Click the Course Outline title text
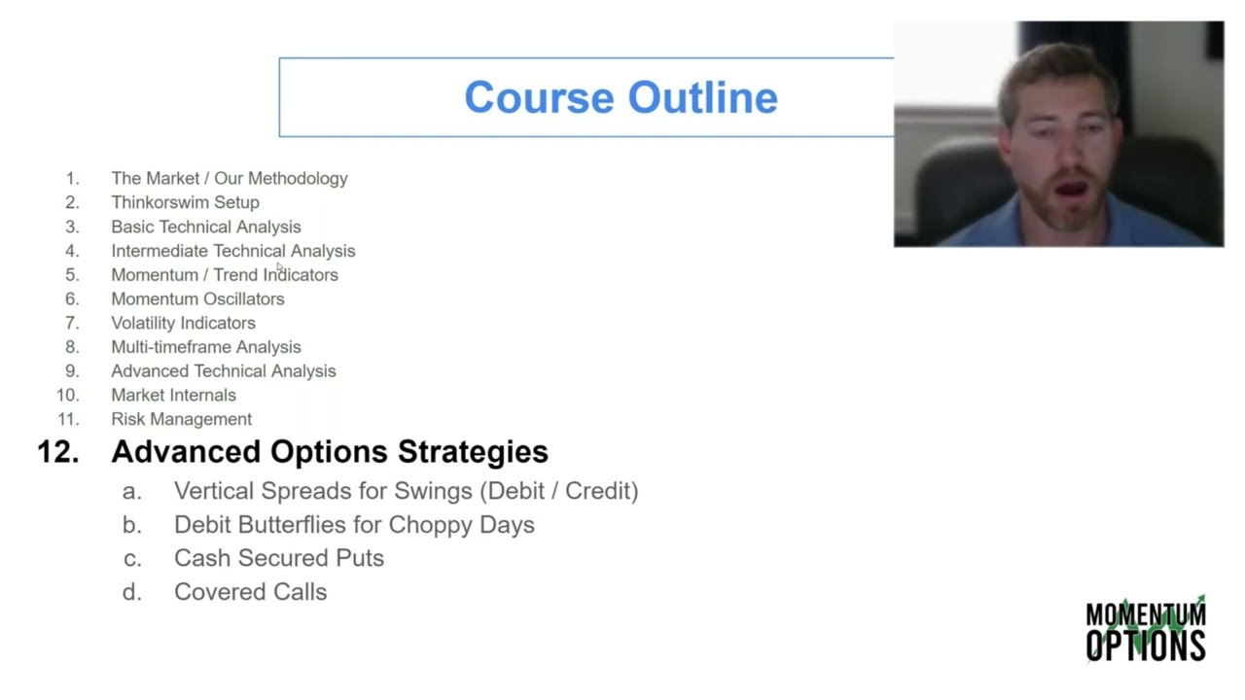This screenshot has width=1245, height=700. click(x=621, y=97)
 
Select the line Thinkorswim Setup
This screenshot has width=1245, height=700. click(x=185, y=202)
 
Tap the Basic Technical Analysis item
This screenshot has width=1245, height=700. click(x=205, y=227)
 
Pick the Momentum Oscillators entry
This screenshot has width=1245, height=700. click(x=197, y=298)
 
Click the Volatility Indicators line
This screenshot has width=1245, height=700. click(x=183, y=323)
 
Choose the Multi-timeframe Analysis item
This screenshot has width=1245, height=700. click(x=205, y=347)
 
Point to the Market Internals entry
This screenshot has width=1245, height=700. click(x=173, y=395)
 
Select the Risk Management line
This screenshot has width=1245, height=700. click(x=181, y=419)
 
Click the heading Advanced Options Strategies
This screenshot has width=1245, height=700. click(x=330, y=451)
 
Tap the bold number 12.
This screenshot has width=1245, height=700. click(x=57, y=451)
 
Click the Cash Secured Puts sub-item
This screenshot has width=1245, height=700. click(x=279, y=558)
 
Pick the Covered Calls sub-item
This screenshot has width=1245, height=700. click(x=250, y=591)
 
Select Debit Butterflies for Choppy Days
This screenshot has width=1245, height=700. click(x=354, y=525)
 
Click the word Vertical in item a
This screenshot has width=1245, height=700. click(x=214, y=491)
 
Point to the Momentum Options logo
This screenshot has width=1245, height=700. click(x=1146, y=629)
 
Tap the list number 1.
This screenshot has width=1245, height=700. click(x=72, y=179)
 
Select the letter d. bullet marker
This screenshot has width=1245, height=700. click(x=131, y=591)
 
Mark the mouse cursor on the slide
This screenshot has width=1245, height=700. click(x=279, y=266)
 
